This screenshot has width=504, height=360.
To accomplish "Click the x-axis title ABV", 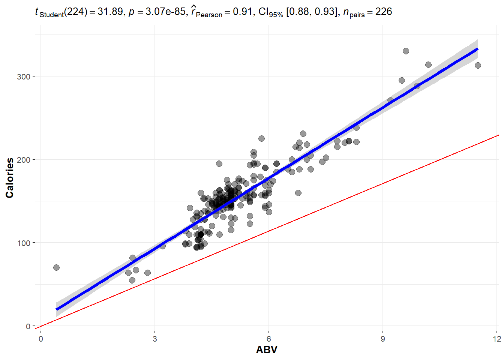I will click(x=267, y=350).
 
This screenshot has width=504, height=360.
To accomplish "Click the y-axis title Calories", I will click(x=10, y=178).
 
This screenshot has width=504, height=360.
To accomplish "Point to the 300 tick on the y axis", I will click(x=23, y=76).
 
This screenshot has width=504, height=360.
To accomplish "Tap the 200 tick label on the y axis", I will click(x=23, y=160).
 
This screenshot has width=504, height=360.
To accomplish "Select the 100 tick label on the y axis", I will click(x=23, y=243).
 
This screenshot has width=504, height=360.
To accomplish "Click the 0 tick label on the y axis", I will click(x=28, y=326).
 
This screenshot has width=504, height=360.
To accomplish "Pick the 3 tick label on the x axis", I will click(x=155, y=339).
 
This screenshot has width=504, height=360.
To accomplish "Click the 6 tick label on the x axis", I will click(x=269, y=339).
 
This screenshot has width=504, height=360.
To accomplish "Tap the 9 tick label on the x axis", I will click(x=383, y=339).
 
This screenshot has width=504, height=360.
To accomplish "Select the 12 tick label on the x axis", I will click(x=497, y=339).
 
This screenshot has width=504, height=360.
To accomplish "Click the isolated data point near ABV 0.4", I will click(x=56, y=267).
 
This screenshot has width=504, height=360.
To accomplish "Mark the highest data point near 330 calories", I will click(x=406, y=51).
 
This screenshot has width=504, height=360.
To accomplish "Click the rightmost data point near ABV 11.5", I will click(x=478, y=65).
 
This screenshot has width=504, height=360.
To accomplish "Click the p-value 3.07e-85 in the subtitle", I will click(x=165, y=12).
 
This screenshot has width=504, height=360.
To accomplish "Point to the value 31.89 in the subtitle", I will click(x=110, y=12).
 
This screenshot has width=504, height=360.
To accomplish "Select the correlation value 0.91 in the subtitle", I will click(x=242, y=12).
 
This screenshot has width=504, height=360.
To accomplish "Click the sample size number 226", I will click(x=384, y=12).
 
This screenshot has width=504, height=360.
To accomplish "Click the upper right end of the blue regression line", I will click(x=477, y=49).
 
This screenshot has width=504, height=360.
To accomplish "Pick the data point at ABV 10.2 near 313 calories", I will click(x=428, y=64).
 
